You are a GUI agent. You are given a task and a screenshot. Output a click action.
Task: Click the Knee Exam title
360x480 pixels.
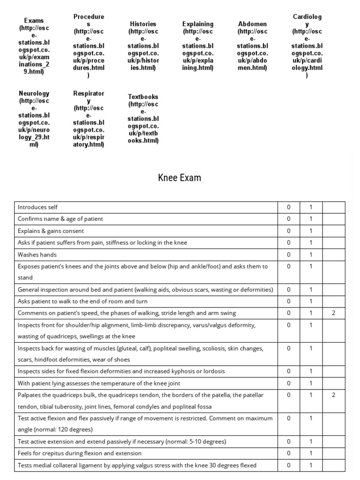point(180,178)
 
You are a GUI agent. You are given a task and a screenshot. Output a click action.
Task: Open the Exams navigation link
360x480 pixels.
point(34,46)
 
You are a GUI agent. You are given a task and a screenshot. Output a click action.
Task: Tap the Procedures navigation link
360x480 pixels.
point(89,46)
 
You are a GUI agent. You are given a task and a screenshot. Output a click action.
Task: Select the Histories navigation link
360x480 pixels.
point(143,46)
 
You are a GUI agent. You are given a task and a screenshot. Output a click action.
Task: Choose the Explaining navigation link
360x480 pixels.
point(198,46)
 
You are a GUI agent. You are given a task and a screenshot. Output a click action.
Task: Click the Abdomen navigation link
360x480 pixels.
point(252,46)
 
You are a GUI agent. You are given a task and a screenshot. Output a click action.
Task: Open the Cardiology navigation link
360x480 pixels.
point(307,46)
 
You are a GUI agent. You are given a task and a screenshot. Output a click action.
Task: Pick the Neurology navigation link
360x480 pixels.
point(34,119)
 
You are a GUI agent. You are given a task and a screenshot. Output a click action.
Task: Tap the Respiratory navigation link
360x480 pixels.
point(89,119)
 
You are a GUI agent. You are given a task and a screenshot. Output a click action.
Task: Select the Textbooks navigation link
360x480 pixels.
point(143,119)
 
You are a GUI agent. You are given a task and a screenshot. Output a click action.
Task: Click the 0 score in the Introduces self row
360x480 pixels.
point(289,207)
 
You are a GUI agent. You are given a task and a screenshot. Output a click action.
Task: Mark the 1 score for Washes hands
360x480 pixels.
point(311,255)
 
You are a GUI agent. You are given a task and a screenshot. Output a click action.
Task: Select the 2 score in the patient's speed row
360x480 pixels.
point(333,313)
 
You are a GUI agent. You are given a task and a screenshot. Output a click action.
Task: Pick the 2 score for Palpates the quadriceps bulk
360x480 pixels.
point(333,395)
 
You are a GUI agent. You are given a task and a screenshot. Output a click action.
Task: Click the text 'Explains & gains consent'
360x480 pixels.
point(51,231)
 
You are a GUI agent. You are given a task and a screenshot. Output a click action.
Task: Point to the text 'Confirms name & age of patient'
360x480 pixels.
point(60,219)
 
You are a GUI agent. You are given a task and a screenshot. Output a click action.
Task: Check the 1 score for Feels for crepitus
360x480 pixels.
point(311,453)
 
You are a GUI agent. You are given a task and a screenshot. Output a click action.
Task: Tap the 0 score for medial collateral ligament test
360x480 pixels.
point(289,465)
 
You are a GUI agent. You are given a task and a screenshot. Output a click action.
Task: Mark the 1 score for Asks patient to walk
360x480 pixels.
point(311,301)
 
